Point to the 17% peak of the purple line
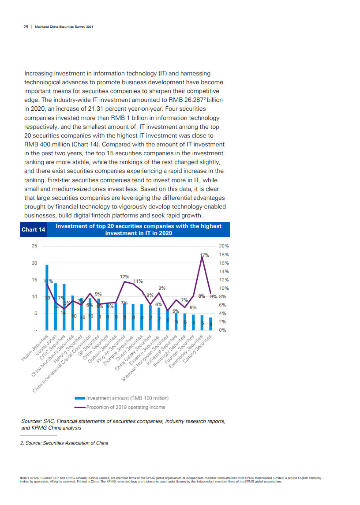pos(202,257)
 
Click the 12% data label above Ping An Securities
pos(124,277)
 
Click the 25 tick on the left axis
pos(34,246)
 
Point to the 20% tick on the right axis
pos(224,246)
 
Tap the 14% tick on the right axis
pos(224,271)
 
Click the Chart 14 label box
pos(34,230)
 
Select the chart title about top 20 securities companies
pos(139,229)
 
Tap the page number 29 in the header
pos(26,26)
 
